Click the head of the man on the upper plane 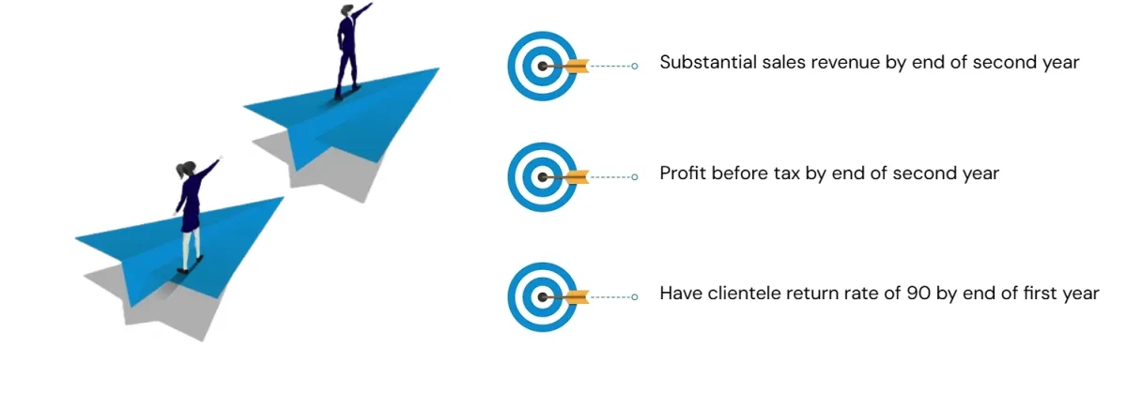click(347, 11)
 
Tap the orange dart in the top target click(575, 66)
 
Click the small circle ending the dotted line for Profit click(636, 175)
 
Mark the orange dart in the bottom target click(575, 296)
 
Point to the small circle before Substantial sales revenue click(636, 66)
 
